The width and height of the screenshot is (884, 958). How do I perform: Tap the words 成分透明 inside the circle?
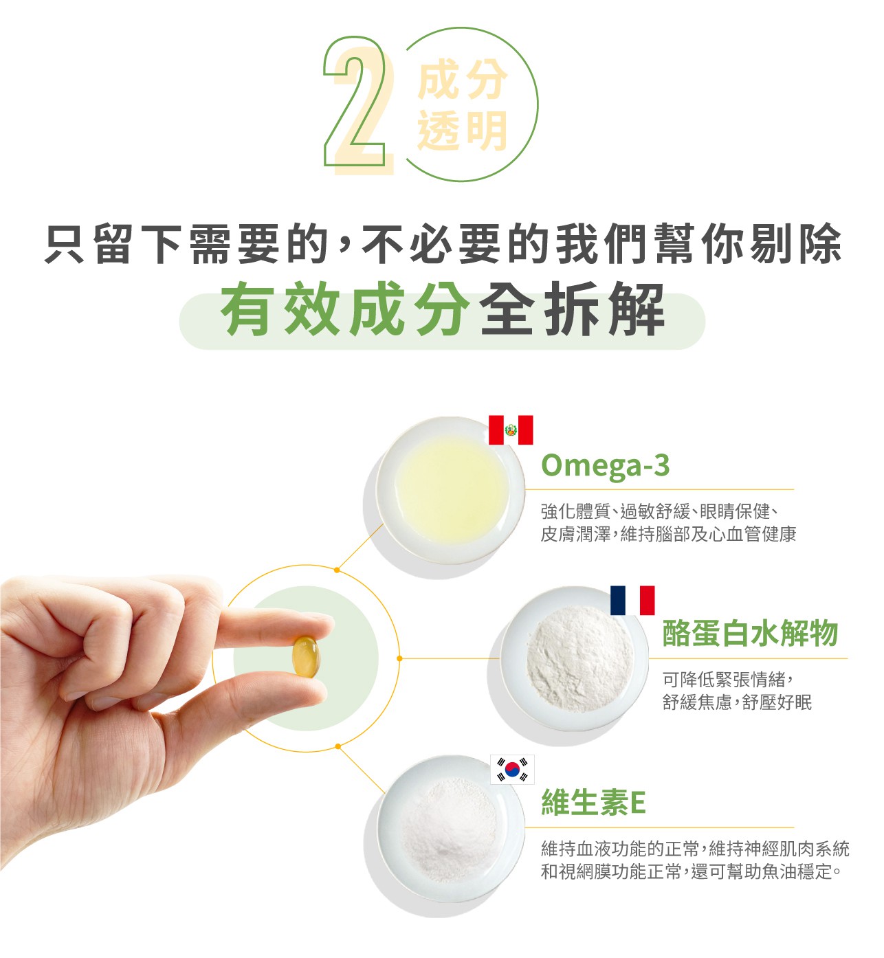[x=462, y=105]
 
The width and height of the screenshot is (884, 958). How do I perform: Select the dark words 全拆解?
[x=572, y=309]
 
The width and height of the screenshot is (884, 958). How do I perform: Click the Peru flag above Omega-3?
[x=510, y=430]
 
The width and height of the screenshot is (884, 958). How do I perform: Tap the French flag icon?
[x=632, y=600]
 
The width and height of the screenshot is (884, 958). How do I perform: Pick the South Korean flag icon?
[x=511, y=769]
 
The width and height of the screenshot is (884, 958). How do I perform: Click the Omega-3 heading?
[x=605, y=465]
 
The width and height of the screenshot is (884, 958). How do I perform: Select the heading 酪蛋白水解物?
[x=749, y=633]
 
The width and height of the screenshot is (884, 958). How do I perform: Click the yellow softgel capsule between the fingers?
[x=306, y=656]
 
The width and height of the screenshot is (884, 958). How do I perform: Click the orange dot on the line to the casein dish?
[x=399, y=658]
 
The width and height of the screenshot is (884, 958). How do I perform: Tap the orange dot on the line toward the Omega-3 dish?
[x=337, y=570]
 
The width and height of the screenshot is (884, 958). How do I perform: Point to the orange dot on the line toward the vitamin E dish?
[x=338, y=747]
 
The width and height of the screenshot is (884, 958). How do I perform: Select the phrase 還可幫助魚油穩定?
[x=766, y=871]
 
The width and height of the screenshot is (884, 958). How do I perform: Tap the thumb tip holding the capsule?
[x=309, y=690]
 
